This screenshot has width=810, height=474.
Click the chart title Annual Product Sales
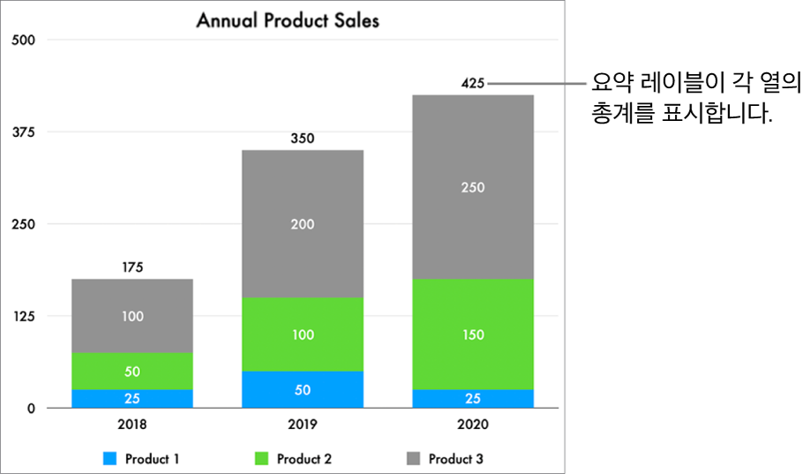(288, 19)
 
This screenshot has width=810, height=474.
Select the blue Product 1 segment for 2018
(132, 398)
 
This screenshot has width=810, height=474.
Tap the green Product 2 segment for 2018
(132, 371)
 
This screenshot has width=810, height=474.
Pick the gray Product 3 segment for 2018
(132, 315)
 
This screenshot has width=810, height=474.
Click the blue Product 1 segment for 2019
(303, 389)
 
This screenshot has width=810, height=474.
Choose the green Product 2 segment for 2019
(303, 335)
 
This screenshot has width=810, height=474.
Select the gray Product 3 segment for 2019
(303, 223)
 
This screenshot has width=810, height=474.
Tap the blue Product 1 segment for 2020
(473, 398)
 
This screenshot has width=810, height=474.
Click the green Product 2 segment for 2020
(473, 335)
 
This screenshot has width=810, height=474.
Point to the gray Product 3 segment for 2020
(473, 186)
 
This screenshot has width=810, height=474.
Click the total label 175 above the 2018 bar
(132, 267)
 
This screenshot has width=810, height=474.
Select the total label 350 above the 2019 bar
(303, 139)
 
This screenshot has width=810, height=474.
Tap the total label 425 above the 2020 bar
(473, 84)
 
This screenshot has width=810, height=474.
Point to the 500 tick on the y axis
(23, 40)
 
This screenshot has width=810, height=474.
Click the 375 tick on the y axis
(23, 132)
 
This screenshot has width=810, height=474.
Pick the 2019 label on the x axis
(303, 424)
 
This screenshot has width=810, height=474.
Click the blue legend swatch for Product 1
(109, 459)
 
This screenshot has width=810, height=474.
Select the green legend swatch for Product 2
(261, 459)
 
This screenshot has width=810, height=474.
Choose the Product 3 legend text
(456, 459)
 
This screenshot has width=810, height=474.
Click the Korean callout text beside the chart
(695, 99)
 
